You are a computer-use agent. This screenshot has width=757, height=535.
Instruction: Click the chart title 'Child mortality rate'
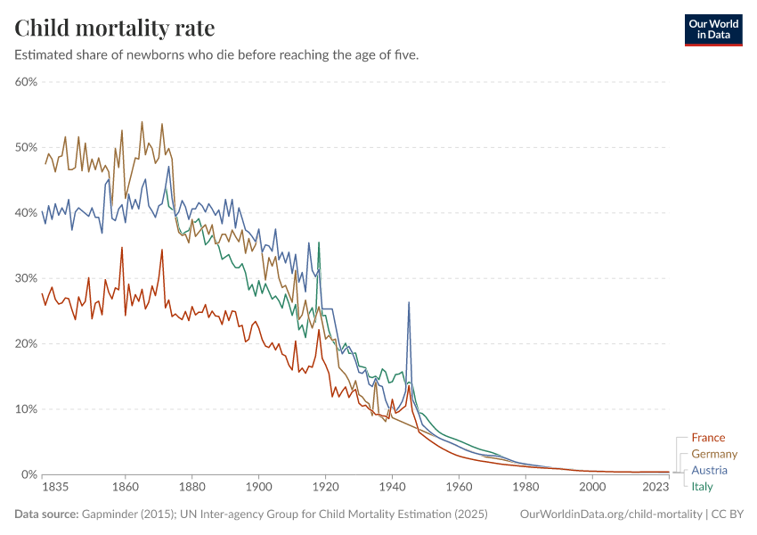(114, 28)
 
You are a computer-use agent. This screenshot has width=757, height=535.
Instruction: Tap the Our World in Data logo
(712, 29)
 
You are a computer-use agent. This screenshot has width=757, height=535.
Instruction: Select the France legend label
(708, 438)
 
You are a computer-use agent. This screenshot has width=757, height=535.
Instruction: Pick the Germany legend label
(714, 454)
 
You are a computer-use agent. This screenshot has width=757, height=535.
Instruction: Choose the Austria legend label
(709, 470)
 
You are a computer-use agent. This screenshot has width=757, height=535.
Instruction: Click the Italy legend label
(702, 486)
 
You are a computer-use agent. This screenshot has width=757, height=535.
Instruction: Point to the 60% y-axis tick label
(25, 82)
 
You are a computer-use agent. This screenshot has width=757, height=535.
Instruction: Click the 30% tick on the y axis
(25, 278)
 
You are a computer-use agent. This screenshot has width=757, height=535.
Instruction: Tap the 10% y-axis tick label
(25, 409)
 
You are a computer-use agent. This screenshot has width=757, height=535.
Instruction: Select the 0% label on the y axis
(28, 474)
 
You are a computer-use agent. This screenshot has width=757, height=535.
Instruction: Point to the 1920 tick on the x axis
(326, 488)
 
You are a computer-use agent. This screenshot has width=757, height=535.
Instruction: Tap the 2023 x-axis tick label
(655, 488)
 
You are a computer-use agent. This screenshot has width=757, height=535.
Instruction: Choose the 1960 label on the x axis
(459, 488)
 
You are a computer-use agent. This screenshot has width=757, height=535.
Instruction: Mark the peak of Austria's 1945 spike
(409, 302)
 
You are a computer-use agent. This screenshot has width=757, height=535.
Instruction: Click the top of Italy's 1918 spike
(319, 243)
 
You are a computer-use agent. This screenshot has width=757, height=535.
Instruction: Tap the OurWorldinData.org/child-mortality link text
(610, 514)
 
